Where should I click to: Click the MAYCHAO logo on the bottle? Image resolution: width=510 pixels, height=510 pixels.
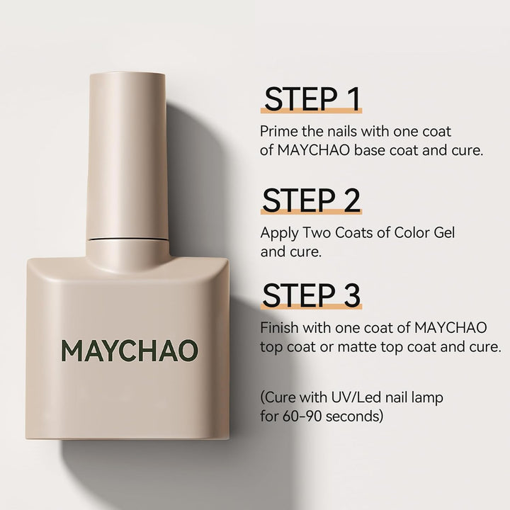click(129, 350)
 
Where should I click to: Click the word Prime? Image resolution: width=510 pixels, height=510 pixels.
click(278, 132)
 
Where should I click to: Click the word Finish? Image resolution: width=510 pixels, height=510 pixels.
click(279, 328)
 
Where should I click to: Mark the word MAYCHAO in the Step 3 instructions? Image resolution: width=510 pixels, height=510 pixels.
click(450, 328)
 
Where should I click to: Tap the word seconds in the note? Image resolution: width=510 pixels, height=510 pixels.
click(358, 416)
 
